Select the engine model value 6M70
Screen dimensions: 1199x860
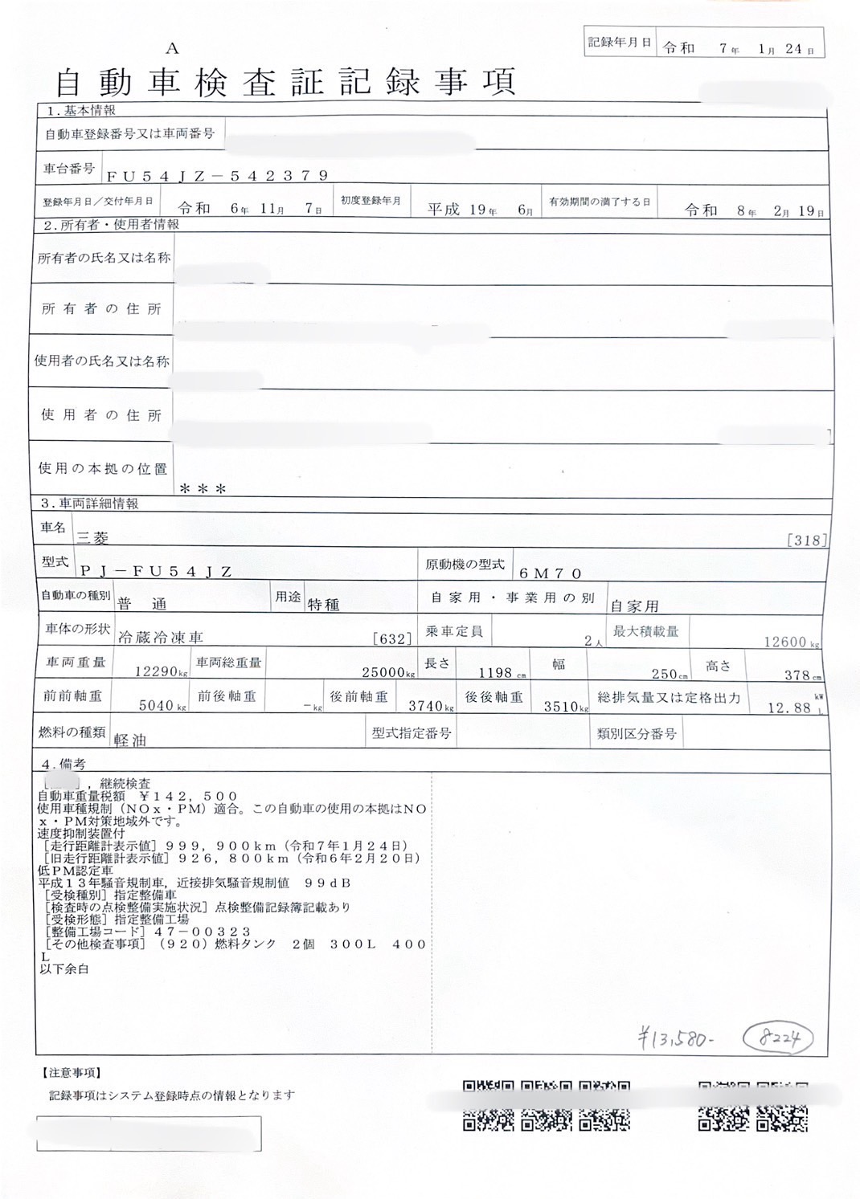[550, 573]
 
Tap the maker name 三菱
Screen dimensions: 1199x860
[92, 539]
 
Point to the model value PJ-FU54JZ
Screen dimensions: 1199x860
[156, 572]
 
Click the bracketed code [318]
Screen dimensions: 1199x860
[807, 540]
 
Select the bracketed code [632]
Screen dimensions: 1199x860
[392, 639]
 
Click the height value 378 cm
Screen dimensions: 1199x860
[801, 675]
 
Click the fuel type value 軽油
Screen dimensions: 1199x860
[130, 740]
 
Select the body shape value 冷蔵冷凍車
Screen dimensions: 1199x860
[160, 638]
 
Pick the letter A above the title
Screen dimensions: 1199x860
[173, 49]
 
